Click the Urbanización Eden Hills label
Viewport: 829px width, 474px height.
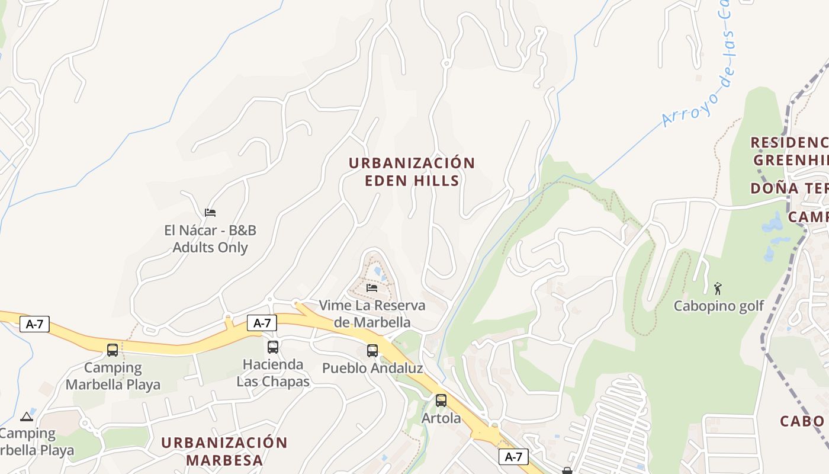[412, 172]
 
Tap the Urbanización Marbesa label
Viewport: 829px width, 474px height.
[224, 451]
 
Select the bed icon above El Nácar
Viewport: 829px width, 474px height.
[210, 213]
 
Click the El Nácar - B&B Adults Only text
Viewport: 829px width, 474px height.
[210, 239]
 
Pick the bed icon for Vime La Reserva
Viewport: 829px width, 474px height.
[372, 288]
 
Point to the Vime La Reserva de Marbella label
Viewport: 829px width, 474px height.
[372, 314]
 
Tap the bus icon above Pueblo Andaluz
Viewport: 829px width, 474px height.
[372, 351]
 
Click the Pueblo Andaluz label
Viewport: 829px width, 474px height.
[372, 369]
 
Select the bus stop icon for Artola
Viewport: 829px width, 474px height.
[441, 401]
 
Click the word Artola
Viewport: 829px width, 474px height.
[441, 418]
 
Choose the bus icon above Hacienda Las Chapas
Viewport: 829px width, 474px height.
[273, 347]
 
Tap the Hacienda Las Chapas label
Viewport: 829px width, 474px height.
[273, 373]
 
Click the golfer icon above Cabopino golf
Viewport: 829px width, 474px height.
[718, 289]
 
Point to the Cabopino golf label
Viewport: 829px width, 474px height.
[719, 306]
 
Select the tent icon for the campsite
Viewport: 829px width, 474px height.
[27, 417]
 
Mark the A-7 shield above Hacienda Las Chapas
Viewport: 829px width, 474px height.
[262, 323]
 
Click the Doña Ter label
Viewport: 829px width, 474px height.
[789, 188]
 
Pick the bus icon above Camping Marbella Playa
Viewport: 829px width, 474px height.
[113, 350]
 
